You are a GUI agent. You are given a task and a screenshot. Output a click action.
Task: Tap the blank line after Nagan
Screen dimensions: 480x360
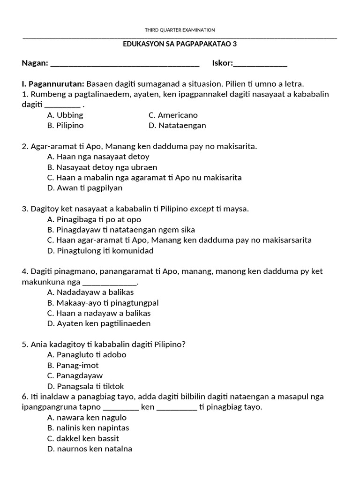tap(124, 64)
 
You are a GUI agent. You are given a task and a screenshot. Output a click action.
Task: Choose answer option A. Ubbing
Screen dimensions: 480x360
tap(65, 115)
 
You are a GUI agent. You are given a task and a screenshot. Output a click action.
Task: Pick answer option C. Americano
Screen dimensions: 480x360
tap(173, 115)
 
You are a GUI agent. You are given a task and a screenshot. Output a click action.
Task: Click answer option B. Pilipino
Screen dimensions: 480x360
tap(65, 125)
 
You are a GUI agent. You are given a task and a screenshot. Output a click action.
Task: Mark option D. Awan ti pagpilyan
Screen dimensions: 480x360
tap(84, 188)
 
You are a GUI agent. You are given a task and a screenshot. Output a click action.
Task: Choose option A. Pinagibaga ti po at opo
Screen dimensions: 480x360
tap(94, 219)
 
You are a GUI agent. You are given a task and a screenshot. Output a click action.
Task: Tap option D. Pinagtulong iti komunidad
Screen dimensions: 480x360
tap(100, 250)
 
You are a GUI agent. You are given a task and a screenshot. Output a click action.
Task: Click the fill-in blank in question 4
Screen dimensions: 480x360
tap(110, 282)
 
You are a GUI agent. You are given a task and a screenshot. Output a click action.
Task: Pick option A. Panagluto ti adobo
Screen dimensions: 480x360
tap(87, 355)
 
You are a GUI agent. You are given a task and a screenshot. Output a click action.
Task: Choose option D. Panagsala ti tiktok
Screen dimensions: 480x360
tap(85, 386)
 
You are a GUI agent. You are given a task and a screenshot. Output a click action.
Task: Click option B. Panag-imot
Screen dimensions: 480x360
tap(73, 365)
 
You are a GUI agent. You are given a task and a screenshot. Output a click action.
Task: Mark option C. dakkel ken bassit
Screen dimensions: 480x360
tap(83, 438)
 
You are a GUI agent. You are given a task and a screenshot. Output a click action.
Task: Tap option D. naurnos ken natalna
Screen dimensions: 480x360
tap(90, 449)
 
